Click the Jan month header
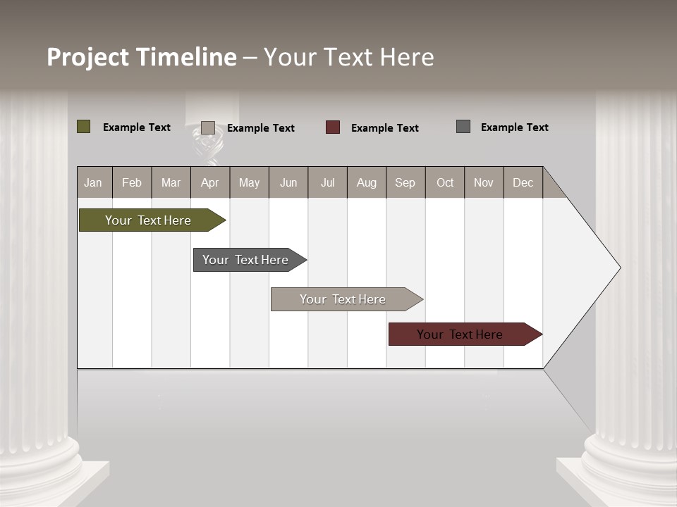pos(93,183)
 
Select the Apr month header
pos(210,183)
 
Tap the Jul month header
pos(327,183)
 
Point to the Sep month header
pos(405,183)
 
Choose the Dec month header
pos(523,183)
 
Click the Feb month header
pos(132,183)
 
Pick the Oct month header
pos(445,183)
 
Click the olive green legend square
pos(84,127)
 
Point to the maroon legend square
pos(333,127)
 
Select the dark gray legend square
pos(463,127)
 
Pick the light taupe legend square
pos(208,127)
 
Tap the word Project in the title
pos(88,57)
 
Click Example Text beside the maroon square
pos(385,128)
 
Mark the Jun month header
pos(288,183)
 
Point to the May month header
pos(249,183)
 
